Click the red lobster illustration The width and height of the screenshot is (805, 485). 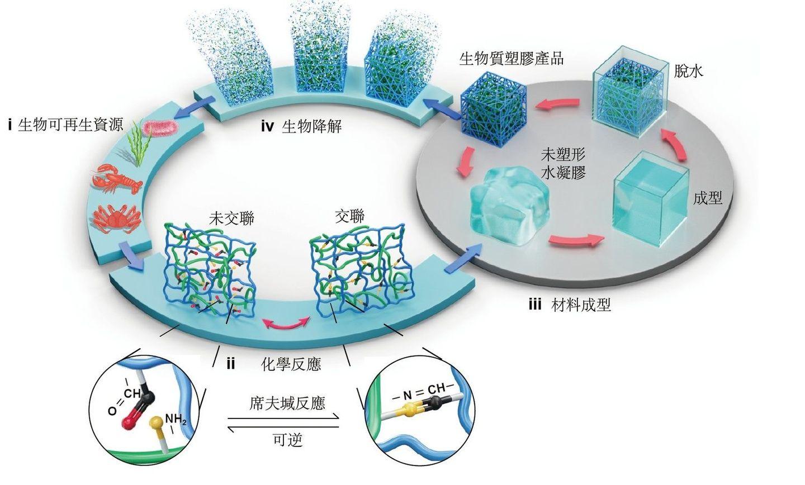coord(116,179)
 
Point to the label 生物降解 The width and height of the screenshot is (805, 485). coord(311,127)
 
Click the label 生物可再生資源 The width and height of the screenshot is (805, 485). coord(70,125)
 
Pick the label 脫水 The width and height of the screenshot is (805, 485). coord(688,71)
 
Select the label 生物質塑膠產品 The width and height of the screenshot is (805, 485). coord(511,59)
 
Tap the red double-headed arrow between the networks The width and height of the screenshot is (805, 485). coord(286,324)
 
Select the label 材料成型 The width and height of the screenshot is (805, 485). coord(580,305)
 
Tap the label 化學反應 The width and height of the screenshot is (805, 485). coord(291,365)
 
